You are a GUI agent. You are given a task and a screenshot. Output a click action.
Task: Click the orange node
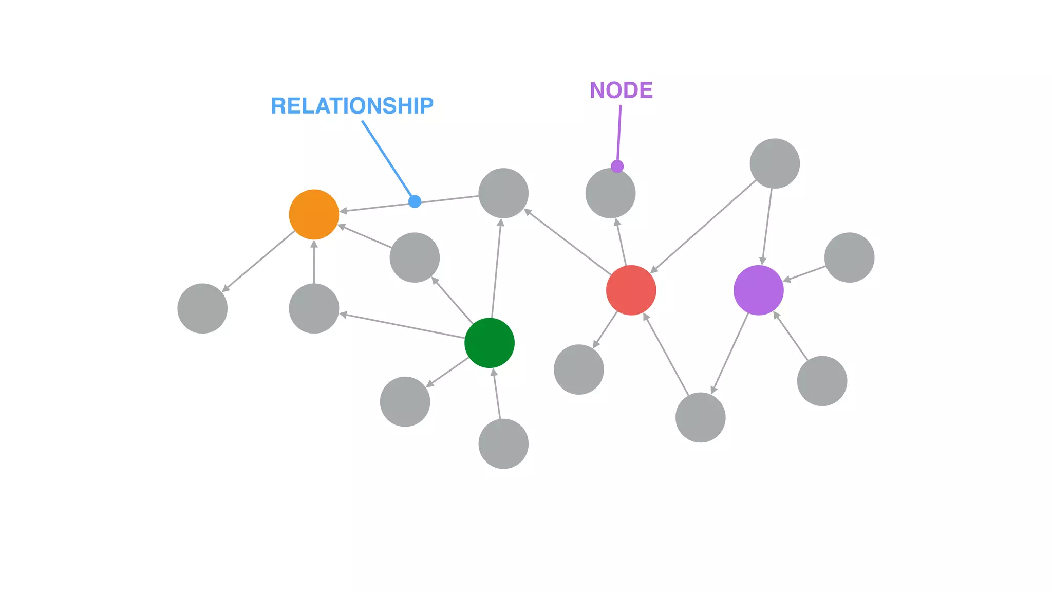pos(314,214)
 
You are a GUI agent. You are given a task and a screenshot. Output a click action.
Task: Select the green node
pos(489,343)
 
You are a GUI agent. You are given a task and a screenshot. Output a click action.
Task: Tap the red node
pos(631,290)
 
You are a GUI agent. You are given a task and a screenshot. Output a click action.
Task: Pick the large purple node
pos(758,290)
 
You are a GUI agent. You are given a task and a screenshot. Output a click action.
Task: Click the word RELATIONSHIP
pos(352,106)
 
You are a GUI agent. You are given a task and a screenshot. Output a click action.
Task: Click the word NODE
pos(621,90)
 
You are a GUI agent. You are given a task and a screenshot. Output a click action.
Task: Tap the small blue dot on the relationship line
pos(415,201)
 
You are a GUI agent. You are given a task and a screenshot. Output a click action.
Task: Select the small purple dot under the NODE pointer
pos(617,166)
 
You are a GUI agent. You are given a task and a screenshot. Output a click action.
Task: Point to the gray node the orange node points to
pos(202,308)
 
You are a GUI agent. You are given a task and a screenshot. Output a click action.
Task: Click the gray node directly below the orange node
pos(314,308)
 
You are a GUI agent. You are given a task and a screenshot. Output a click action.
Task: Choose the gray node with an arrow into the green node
pos(503,443)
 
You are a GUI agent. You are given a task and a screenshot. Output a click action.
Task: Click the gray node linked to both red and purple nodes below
pos(700,417)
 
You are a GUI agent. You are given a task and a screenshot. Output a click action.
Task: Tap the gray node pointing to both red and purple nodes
pos(775,163)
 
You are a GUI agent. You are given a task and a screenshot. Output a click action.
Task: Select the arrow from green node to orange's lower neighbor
pos(403,326)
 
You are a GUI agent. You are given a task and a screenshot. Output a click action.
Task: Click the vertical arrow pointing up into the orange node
pos(314,262)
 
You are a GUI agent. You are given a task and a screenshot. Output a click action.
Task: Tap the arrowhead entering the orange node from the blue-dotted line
pos(343,211)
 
